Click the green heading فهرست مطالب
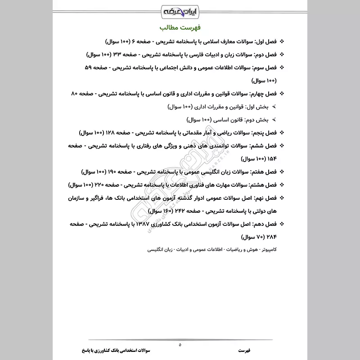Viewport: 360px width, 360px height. point(180,26)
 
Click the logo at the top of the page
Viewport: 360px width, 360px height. point(180,9)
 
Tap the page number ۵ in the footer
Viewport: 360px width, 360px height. point(180,345)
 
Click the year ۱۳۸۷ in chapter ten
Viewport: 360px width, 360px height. point(144,224)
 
